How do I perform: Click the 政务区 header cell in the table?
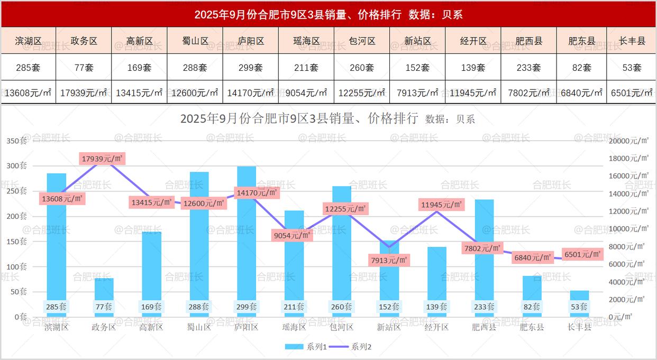point(84,41)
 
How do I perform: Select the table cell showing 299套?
point(251,68)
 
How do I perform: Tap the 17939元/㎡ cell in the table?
point(84,93)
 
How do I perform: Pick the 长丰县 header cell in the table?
point(632,41)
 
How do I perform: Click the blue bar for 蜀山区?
point(199,238)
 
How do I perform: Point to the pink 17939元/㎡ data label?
point(103,158)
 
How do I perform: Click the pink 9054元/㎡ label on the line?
point(292,235)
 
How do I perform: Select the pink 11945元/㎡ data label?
point(442,204)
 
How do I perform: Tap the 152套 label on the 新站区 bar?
point(389,307)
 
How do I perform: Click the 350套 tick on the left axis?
point(16,141)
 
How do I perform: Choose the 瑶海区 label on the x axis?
point(294,327)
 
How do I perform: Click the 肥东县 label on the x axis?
point(532,327)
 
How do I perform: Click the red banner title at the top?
point(328,14)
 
